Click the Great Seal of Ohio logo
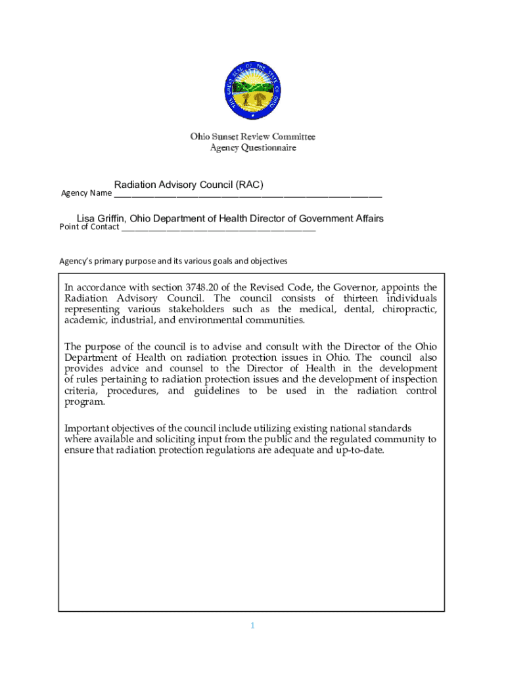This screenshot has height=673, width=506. (x=252, y=90)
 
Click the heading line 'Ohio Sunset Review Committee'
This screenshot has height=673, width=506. (x=253, y=137)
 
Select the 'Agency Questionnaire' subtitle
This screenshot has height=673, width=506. (x=253, y=148)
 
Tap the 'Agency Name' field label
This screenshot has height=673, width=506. (x=86, y=193)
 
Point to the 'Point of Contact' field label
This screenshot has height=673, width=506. (x=89, y=227)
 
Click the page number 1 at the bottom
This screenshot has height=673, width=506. (x=252, y=626)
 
